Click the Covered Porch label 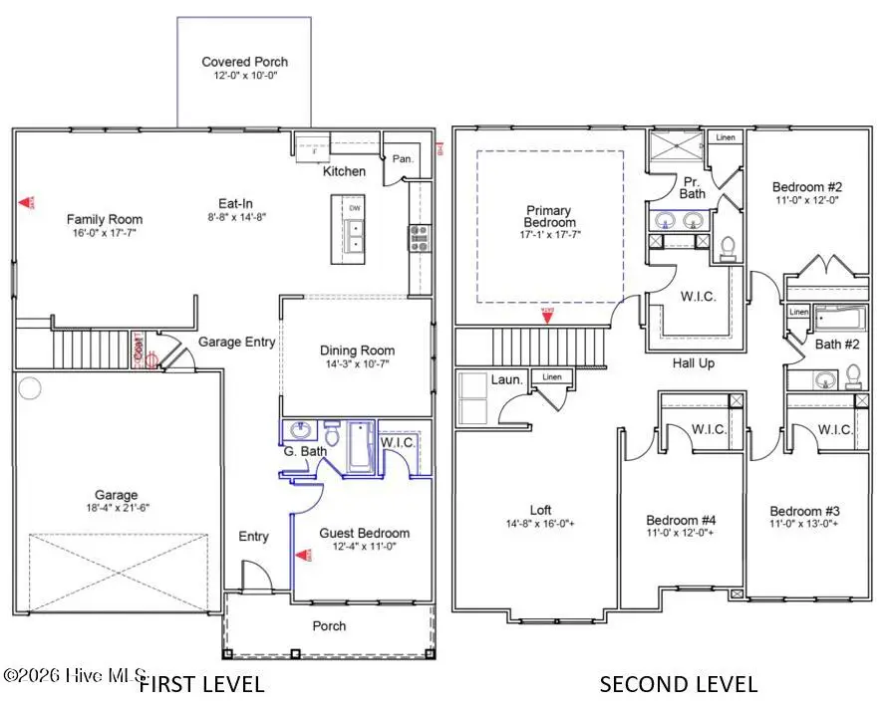point(244,62)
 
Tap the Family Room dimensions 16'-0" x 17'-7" point(104,234)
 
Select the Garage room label point(117,495)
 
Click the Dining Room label point(357,351)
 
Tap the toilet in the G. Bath point(331,435)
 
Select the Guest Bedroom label point(364,533)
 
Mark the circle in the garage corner point(30,387)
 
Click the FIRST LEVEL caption point(200,684)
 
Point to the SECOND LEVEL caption point(678,684)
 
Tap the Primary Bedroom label point(549,216)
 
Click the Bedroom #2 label point(807,186)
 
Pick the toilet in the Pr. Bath point(728,246)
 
